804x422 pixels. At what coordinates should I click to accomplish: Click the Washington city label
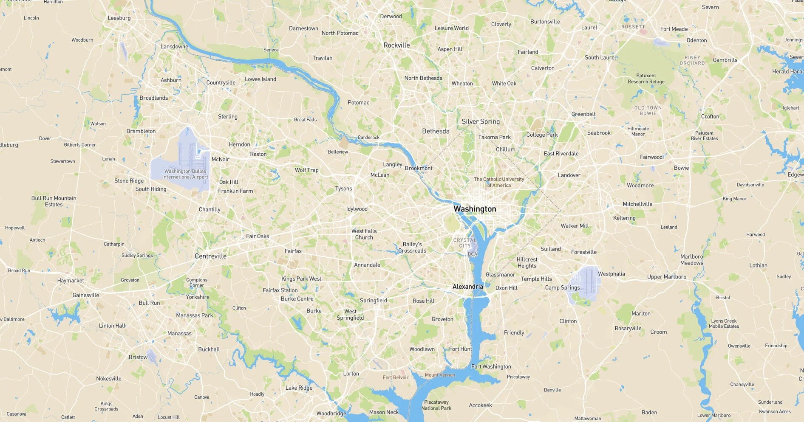475,209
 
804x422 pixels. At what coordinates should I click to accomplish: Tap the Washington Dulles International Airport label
185,174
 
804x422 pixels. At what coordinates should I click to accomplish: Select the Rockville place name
396,45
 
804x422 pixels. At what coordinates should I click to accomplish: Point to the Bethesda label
436,131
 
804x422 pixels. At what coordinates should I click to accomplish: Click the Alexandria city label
467,287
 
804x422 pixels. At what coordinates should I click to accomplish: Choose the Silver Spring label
481,121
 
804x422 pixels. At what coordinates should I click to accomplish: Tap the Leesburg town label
119,18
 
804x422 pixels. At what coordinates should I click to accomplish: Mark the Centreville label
210,256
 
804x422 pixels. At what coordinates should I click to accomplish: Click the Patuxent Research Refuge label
646,79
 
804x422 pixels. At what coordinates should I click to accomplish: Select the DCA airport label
473,254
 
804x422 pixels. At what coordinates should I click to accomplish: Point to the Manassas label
179,333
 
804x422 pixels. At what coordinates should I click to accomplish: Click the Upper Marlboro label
666,277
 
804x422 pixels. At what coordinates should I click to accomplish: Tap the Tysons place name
343,188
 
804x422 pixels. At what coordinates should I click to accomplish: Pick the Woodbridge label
331,414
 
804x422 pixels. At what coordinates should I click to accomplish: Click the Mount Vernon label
440,375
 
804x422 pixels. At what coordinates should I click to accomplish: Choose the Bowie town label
681,168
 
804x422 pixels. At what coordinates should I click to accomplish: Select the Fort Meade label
674,29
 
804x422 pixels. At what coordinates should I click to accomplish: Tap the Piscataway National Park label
436,405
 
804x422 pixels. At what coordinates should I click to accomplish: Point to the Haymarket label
71,281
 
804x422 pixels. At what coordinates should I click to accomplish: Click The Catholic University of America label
499,182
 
